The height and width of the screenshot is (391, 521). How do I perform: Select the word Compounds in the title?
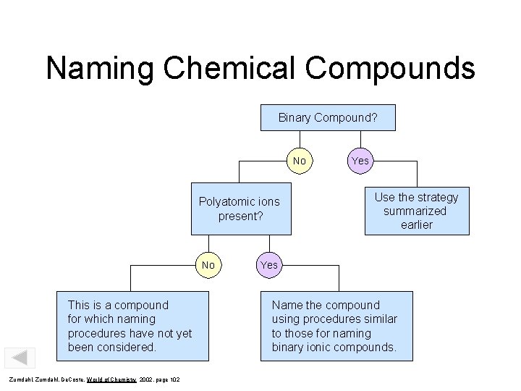[390, 70]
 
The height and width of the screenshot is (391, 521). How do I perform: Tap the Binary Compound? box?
[328, 117]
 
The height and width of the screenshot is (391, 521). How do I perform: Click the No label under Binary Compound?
[300, 160]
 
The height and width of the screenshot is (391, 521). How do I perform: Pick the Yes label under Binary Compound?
[360, 160]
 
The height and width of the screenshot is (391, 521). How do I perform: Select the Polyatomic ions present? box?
[240, 209]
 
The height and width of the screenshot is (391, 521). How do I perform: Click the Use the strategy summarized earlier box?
[416, 211]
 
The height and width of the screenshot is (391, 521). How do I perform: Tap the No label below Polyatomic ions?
[208, 265]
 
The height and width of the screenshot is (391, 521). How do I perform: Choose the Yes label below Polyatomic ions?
[268, 265]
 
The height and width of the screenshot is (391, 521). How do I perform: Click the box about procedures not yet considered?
[132, 326]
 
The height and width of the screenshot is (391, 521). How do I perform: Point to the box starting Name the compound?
[336, 326]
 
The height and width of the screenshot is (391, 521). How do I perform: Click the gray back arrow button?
[20, 358]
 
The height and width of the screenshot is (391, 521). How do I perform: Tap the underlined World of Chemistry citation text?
[114, 380]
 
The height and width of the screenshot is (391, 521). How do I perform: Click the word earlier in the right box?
[416, 224]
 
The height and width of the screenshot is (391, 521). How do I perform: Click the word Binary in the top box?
[295, 117]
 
